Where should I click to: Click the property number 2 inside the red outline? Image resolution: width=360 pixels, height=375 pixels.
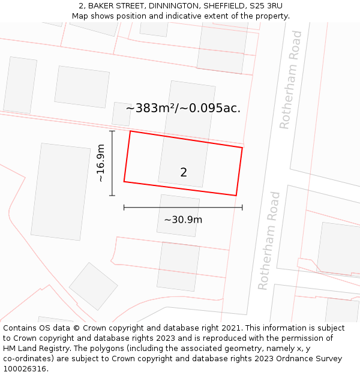coord(184,173)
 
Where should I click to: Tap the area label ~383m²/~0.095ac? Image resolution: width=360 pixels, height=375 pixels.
coord(183,109)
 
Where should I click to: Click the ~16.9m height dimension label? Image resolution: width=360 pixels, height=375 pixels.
coord(101,163)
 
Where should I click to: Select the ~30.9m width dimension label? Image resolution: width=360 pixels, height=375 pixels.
coord(183,220)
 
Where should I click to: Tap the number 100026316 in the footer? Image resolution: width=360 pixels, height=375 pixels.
coord(24,368)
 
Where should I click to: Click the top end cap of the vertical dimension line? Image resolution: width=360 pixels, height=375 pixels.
coord(112,131)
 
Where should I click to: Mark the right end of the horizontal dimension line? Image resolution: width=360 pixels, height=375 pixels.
coord(242,208)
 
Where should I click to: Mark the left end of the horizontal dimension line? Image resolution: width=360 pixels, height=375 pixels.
coord(124,208)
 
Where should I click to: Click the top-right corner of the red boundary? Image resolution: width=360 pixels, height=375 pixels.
coord(242,148)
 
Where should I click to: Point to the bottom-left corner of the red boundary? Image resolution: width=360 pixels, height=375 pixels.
coord(124,181)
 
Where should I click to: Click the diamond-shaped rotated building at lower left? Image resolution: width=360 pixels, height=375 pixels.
coord(93,286)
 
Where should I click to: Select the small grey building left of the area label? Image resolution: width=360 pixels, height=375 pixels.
coord(121,114)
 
